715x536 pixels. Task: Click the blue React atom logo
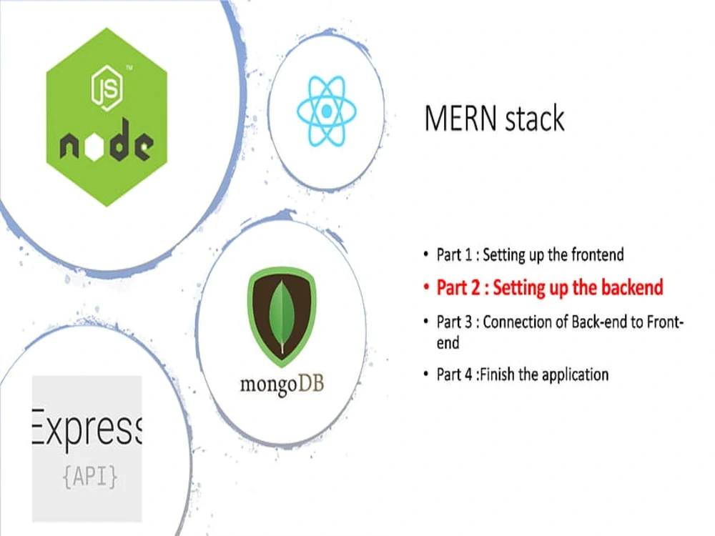[326, 110]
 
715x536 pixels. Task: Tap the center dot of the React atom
[326, 111]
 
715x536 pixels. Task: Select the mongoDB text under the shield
[282, 384]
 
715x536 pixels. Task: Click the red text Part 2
[461, 288]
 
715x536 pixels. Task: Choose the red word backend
[632, 288]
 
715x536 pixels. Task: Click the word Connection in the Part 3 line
[526, 322]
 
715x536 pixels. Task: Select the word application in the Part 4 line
[575, 374]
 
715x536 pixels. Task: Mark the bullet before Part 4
[427, 375]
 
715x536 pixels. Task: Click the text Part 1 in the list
[457, 254]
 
